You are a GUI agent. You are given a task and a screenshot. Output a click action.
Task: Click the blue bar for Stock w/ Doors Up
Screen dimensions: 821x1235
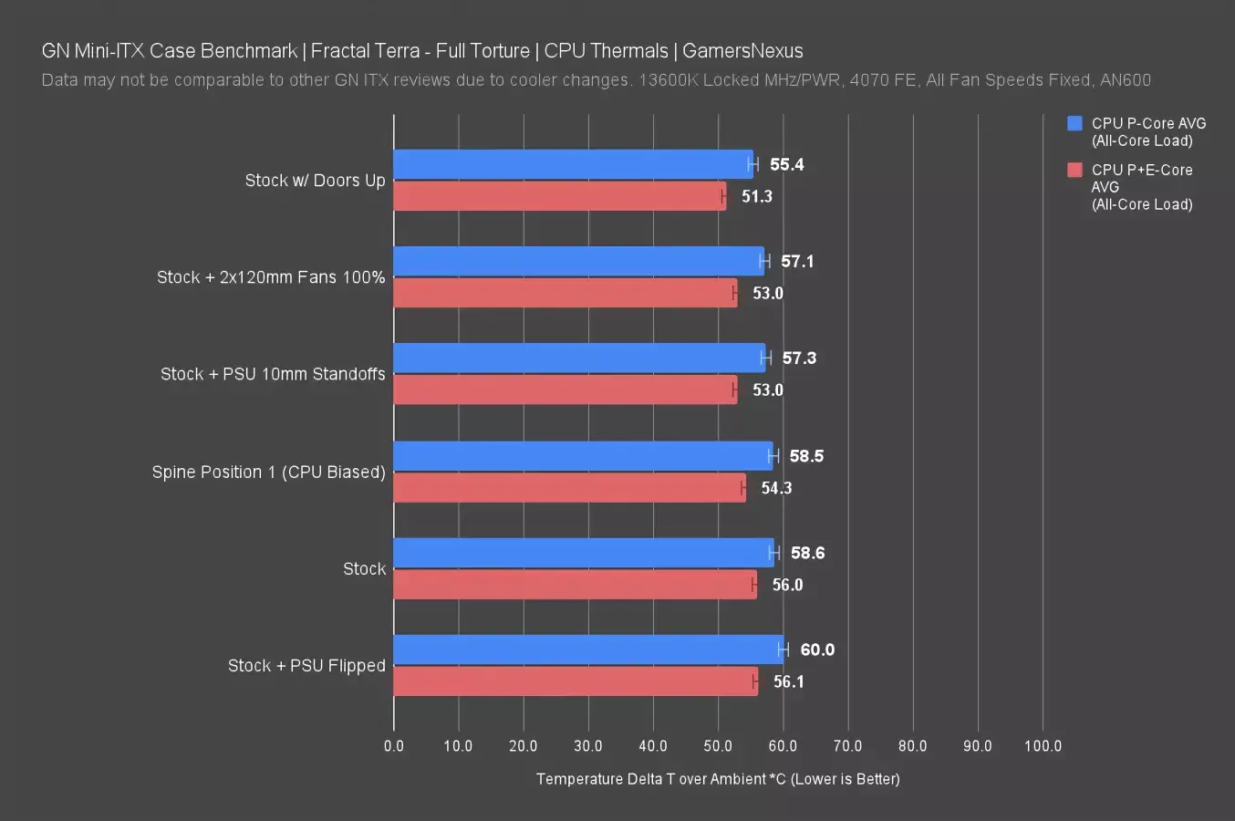[573, 164]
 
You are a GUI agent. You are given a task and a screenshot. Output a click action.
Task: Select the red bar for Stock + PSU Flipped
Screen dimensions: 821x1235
[575, 681]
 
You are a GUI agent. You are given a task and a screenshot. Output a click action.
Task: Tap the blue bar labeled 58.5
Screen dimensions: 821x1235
[583, 455]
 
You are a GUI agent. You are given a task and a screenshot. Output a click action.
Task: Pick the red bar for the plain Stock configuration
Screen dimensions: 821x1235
[575, 585]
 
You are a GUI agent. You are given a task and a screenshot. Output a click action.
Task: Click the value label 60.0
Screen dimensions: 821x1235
[817, 650]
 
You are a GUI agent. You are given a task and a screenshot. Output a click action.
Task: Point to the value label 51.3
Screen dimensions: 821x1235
[756, 196]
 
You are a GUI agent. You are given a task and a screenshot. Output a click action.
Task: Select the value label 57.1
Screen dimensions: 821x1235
[797, 261]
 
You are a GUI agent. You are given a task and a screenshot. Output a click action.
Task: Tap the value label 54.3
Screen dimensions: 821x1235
[776, 488]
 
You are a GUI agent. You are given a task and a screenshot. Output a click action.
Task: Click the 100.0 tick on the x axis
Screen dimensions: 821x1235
[1043, 746]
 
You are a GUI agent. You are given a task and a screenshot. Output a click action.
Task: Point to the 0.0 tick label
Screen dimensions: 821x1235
[394, 746]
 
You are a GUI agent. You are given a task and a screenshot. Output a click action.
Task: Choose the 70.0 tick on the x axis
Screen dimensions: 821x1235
[847, 746]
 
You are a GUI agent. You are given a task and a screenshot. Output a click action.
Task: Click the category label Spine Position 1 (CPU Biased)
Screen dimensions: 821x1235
[268, 472]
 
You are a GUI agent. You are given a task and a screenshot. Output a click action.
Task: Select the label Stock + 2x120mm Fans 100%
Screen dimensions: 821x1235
[271, 277]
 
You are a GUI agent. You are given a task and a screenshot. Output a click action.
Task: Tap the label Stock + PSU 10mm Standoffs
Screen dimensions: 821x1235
[273, 374]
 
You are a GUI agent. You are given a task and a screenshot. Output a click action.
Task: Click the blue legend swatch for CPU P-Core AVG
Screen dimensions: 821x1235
[1074, 123]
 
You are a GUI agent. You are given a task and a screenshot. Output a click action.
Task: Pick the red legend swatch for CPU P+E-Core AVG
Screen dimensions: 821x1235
[1074, 170]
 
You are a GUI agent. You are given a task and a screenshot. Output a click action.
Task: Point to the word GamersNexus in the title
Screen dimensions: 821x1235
[742, 51]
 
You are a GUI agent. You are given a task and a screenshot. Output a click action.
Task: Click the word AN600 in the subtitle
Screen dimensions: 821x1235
[1126, 80]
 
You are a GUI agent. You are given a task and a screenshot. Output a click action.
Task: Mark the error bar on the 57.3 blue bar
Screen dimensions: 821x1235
[766, 358]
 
